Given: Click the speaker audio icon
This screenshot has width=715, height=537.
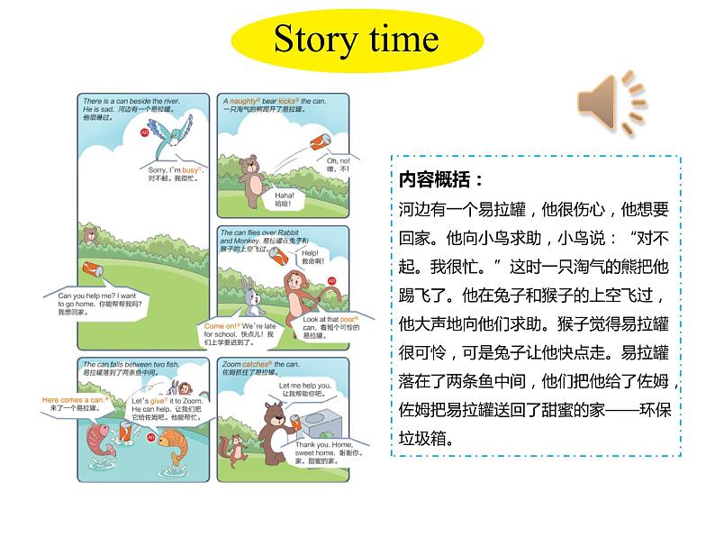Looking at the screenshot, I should tap(611, 102).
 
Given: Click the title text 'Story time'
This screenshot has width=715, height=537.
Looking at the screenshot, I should tap(356, 40).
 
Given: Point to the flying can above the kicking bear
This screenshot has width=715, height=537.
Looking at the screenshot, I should tap(320, 141).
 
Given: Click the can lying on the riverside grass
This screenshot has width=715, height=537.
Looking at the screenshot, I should tap(94, 268).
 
